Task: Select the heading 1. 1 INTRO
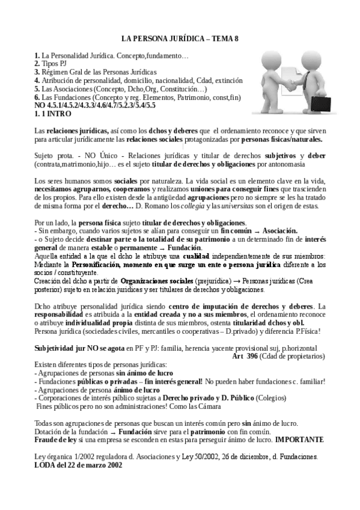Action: click(x=53, y=112)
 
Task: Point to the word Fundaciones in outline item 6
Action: click(x=68, y=97)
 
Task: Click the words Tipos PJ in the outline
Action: click(x=54, y=63)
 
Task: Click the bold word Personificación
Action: click(x=97, y=264)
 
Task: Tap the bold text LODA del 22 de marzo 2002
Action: click(x=78, y=465)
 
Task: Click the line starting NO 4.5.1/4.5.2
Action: click(x=95, y=105)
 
